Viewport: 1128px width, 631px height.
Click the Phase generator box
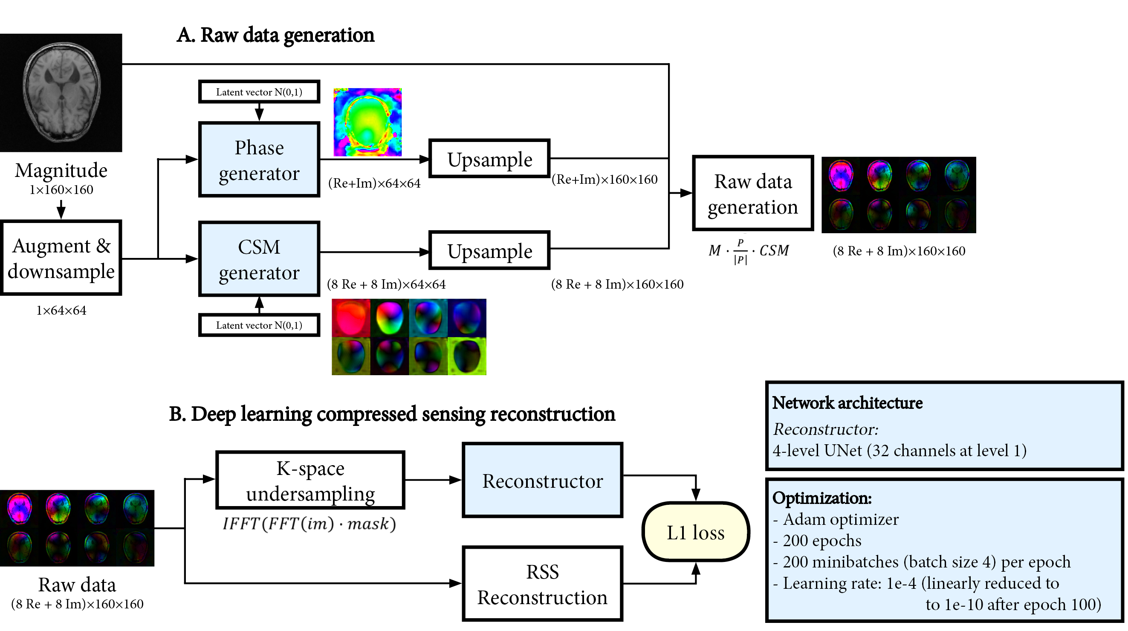[259, 160]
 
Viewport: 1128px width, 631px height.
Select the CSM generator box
[259, 259]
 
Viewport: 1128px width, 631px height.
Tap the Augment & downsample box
[61, 258]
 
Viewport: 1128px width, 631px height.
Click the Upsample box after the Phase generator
[489, 159]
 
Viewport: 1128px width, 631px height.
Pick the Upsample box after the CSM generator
[489, 250]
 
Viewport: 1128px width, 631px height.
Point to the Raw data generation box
[753, 193]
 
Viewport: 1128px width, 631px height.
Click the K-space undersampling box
[310, 480]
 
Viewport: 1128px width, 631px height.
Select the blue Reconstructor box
[542, 480]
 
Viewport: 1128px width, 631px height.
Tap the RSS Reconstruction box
[542, 584]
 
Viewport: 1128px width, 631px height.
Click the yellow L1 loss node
[695, 532]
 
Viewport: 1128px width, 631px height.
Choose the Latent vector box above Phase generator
[259, 92]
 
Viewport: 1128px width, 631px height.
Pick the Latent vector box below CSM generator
[259, 325]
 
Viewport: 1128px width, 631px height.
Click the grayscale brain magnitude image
[61, 93]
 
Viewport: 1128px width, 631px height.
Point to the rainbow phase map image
[367, 122]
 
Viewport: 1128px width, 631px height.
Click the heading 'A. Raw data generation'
[275, 35]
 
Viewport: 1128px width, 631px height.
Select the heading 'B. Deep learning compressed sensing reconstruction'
[392, 414]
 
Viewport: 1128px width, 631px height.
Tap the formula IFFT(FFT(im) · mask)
[309, 524]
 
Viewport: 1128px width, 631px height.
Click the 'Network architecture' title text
[847, 403]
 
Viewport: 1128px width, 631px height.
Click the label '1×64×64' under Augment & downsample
[61, 310]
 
